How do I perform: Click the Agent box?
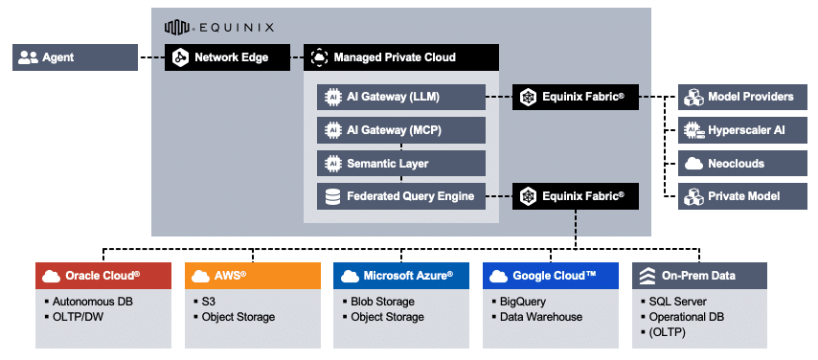75,57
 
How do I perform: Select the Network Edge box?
227,57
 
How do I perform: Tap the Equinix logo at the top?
219,27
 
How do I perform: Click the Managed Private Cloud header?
401,57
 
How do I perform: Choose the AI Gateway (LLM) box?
401,97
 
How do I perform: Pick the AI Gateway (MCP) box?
401,130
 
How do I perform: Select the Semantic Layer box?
401,164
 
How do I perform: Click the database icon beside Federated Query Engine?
332,196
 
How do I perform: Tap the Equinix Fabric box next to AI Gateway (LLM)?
576,97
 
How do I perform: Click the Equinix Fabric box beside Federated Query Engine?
576,196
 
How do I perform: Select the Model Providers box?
742,97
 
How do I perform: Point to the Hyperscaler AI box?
742,130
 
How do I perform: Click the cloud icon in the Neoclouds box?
693,164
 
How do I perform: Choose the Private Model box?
742,196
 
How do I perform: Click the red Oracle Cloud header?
103,276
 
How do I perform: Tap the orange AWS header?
253,276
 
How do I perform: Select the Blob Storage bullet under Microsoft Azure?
378,302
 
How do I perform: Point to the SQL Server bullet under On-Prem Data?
674,302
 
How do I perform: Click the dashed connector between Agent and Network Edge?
151,57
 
